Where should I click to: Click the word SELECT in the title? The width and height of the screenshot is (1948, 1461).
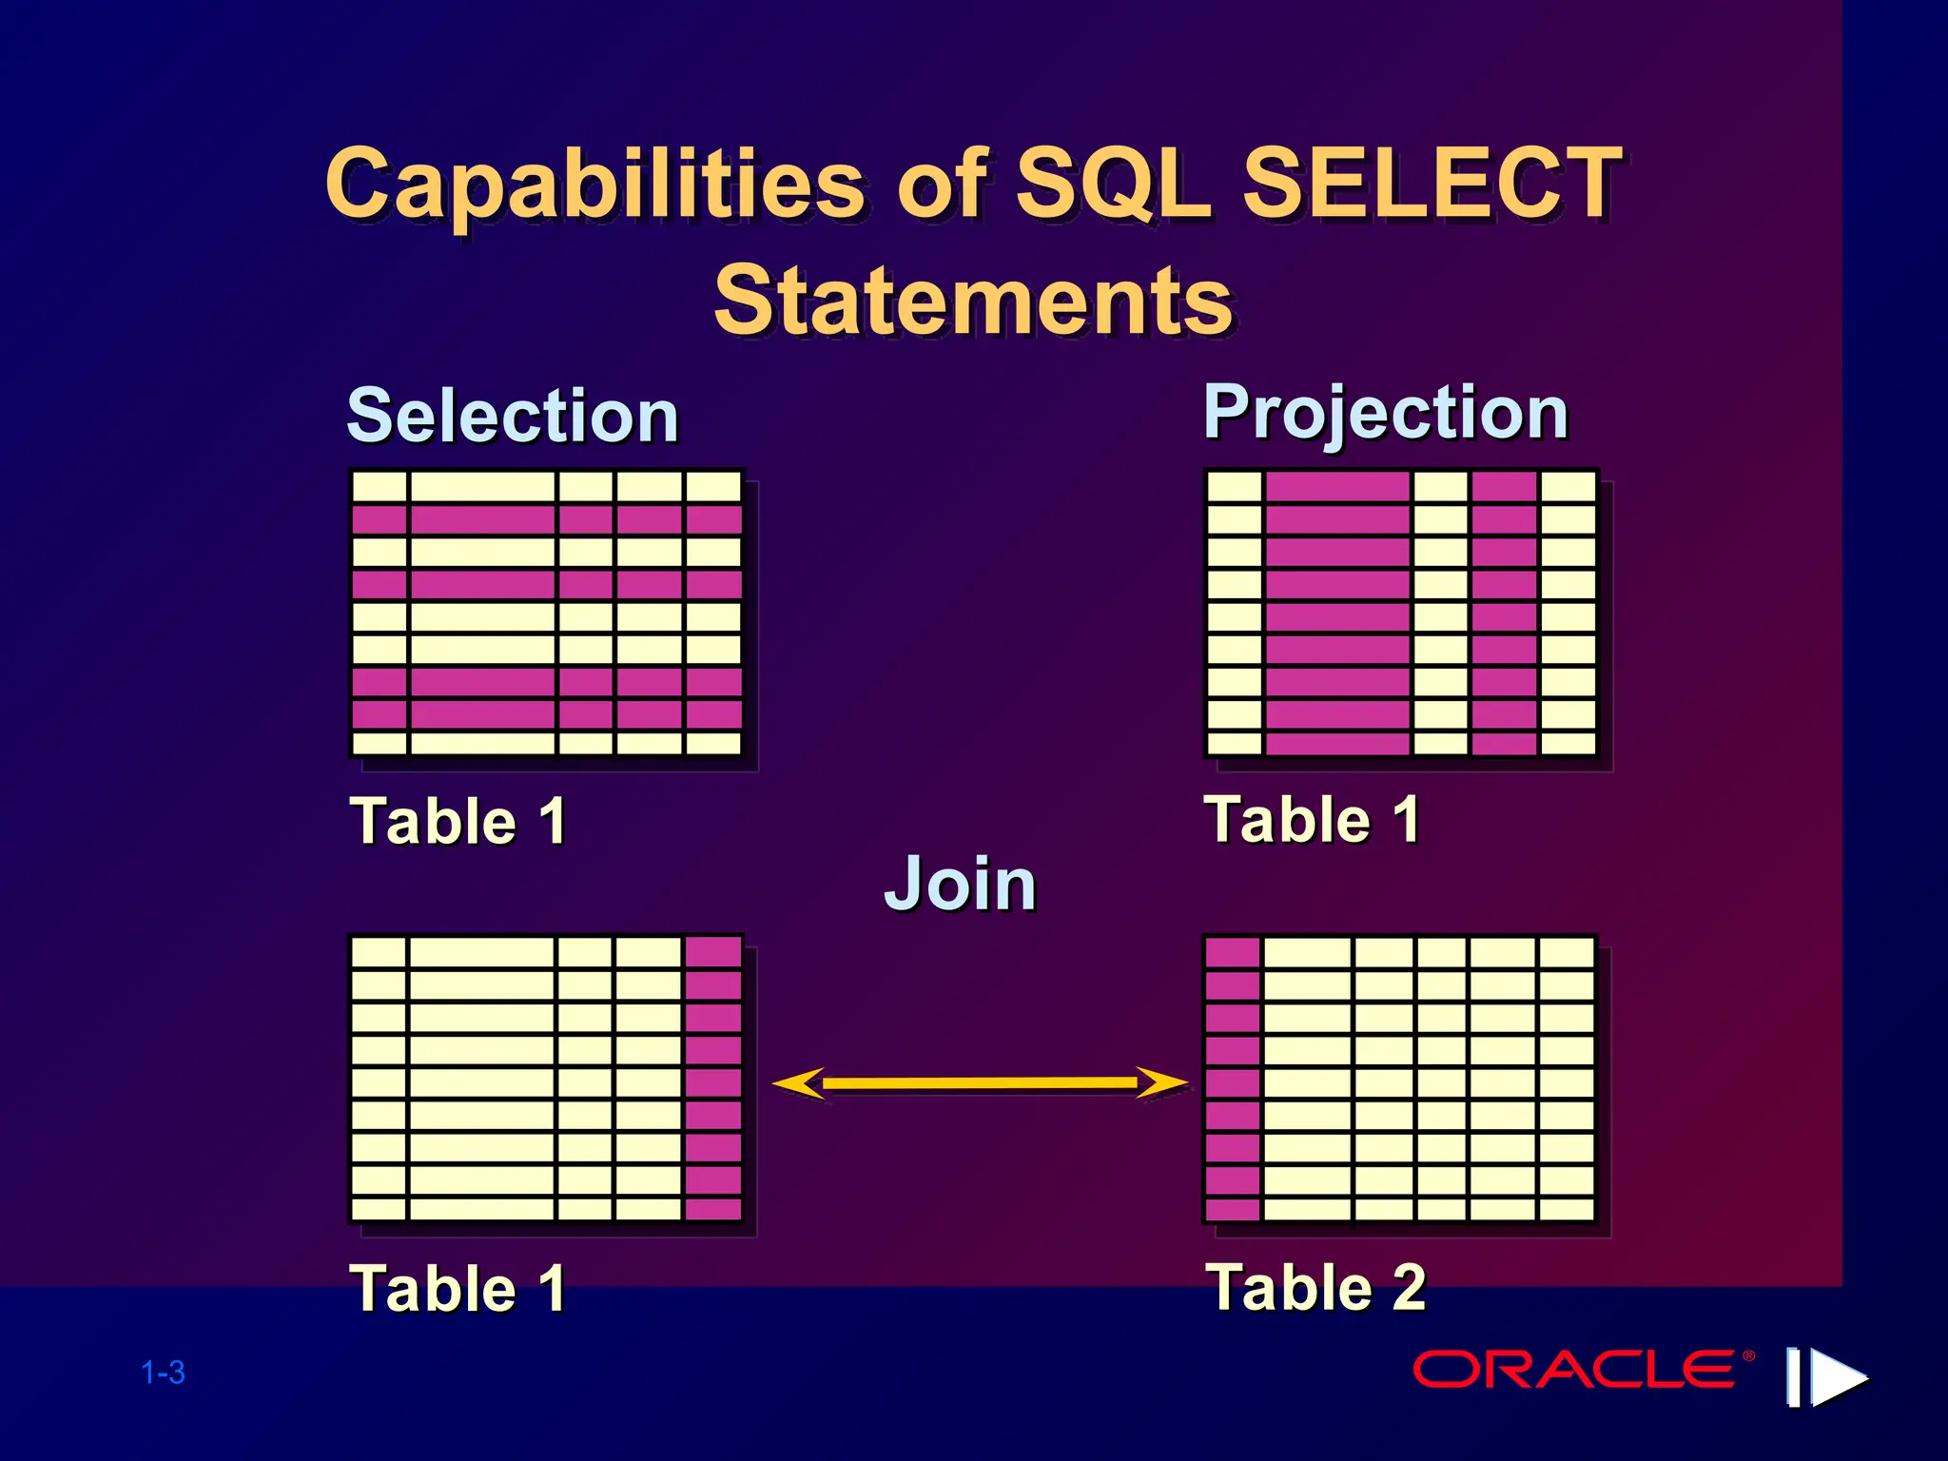click(x=1432, y=183)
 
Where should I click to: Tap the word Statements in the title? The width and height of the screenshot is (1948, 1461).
click(x=973, y=301)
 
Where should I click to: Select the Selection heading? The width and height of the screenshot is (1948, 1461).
click(x=513, y=417)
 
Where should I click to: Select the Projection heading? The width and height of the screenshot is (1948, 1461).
click(x=1386, y=413)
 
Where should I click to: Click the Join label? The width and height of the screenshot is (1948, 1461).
click(x=960, y=884)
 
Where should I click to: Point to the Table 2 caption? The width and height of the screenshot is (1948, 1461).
click(x=1315, y=1287)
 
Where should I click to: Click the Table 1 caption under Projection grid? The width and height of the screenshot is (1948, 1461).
click(x=1312, y=819)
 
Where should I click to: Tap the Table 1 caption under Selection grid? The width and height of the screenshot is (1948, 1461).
click(x=458, y=821)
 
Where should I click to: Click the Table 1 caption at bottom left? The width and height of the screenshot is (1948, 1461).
click(x=458, y=1289)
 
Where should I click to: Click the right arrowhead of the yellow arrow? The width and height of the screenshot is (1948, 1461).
click(x=1162, y=1082)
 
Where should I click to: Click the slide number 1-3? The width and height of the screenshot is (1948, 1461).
click(x=163, y=1373)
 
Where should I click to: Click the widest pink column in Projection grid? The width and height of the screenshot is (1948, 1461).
click(x=1337, y=614)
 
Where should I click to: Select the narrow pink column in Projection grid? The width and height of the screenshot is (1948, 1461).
click(x=1504, y=614)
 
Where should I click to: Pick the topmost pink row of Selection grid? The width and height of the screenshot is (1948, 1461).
click(x=546, y=520)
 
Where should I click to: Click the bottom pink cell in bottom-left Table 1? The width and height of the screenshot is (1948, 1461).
click(x=712, y=1209)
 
